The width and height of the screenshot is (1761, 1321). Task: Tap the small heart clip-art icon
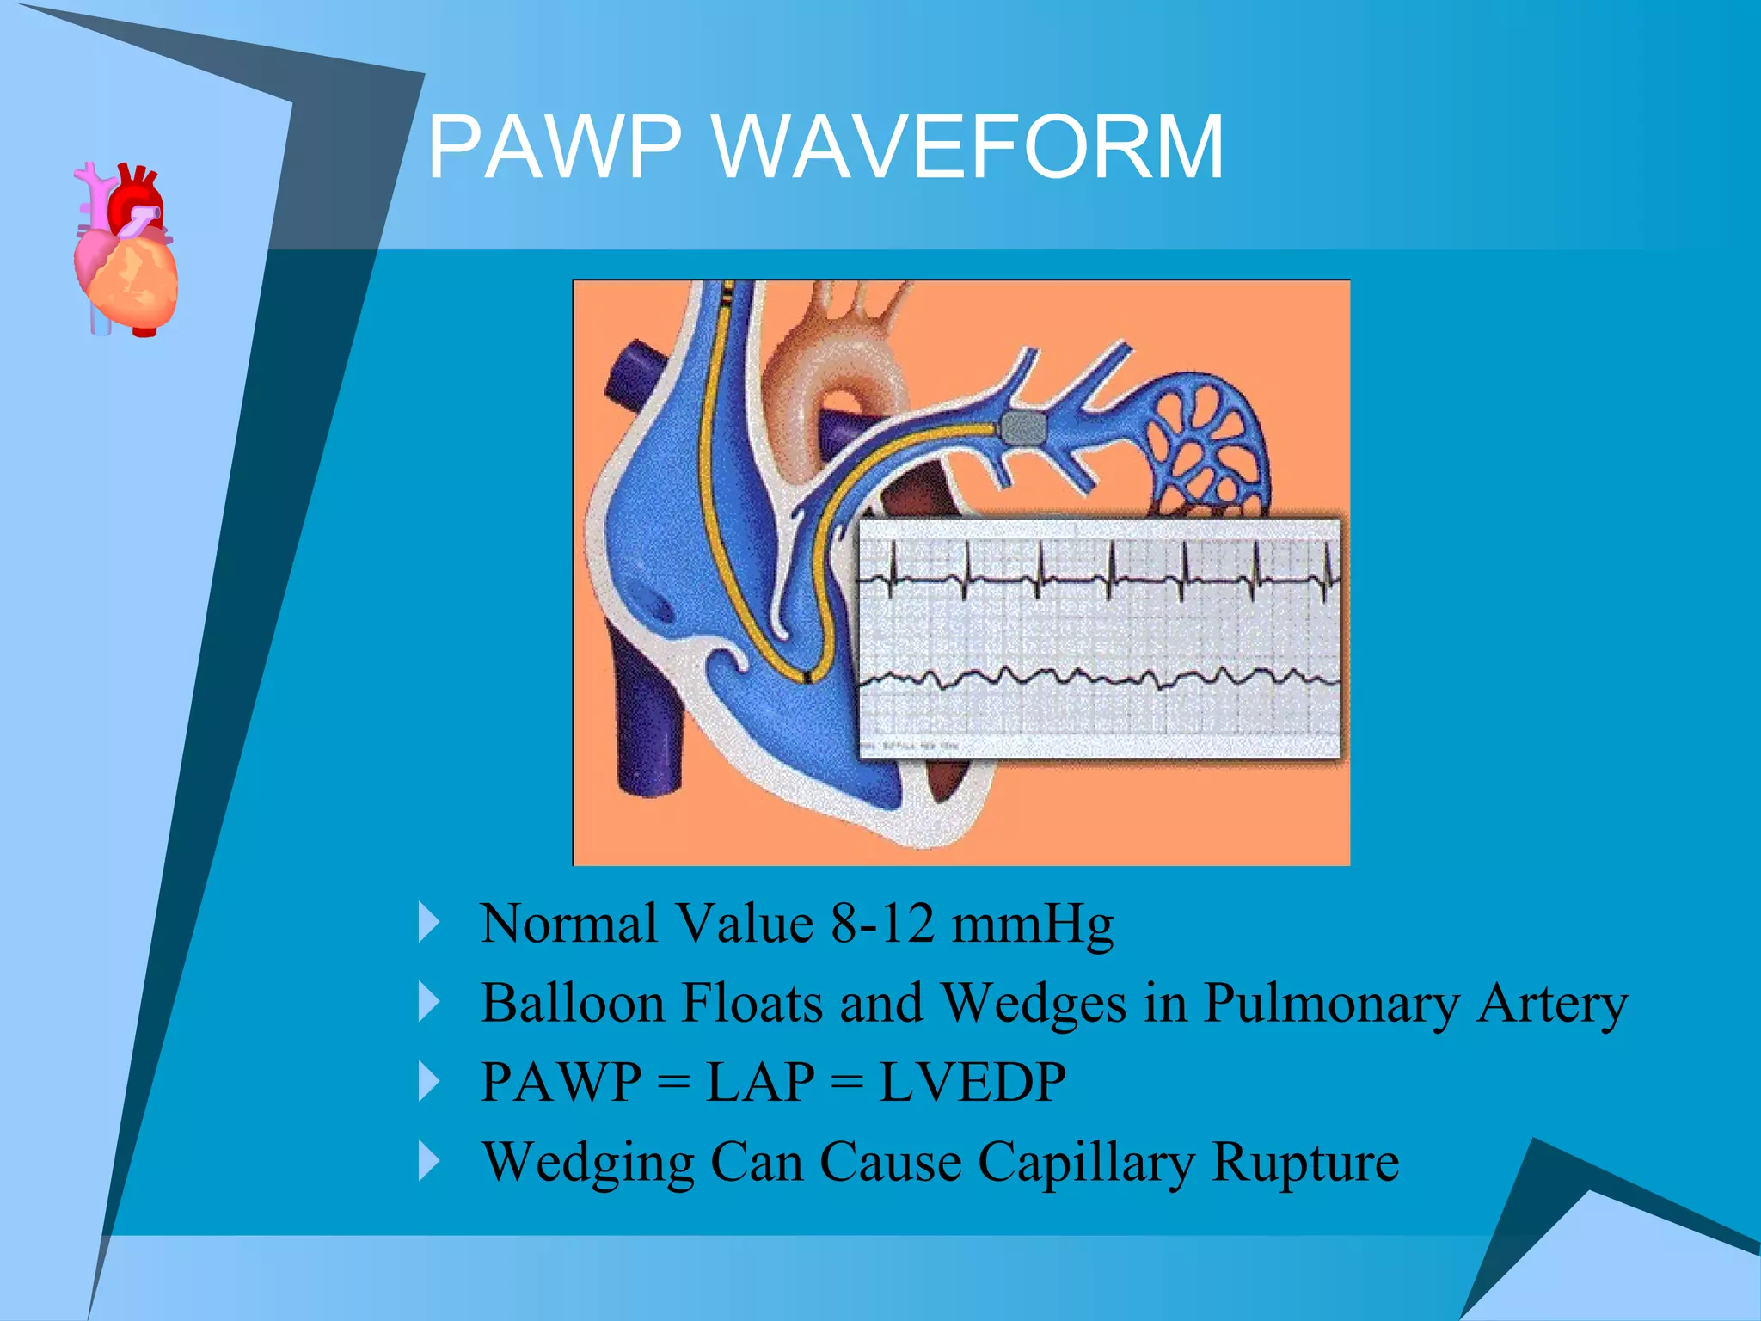tap(126, 249)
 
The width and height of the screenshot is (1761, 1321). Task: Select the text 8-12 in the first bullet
tap(881, 924)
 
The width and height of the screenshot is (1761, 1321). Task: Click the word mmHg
tap(1032, 925)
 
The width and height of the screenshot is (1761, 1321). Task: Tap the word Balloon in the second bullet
tap(572, 1003)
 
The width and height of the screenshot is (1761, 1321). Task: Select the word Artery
tap(1551, 1005)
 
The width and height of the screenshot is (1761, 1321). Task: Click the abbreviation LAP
tap(760, 1082)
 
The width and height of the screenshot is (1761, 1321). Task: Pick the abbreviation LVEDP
tap(973, 1082)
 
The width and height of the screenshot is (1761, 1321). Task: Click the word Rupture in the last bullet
tap(1305, 1163)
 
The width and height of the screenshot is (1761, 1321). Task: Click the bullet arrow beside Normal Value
tap(428, 923)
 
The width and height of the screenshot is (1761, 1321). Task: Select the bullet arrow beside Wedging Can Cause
tap(428, 1161)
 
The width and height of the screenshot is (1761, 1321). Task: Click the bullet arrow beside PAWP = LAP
tap(428, 1081)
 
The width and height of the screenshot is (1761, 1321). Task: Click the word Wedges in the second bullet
tap(1034, 1005)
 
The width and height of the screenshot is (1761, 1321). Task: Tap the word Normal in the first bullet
tap(568, 924)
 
